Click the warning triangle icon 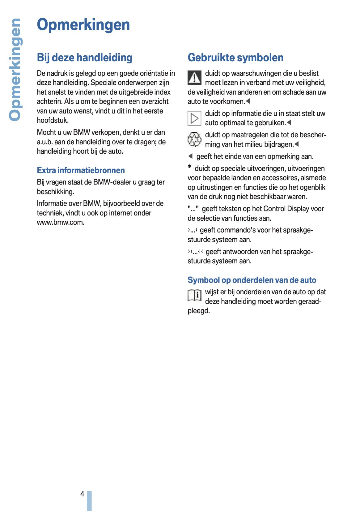coord(194,78)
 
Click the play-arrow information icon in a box coord(194,118)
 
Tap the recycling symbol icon coord(194,139)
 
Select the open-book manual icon coord(194,295)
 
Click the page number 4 coord(82,494)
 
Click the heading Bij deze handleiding coord(85,57)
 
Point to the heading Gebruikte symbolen coord(235,57)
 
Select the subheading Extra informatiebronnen coord(81,170)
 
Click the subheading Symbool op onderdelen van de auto coord(252,280)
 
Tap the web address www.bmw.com coord(60,223)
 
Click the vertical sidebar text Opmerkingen coord(15,70)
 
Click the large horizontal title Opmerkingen coord(83,25)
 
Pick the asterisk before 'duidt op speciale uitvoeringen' coord(190,167)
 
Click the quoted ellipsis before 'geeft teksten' coord(193,209)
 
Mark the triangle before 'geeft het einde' coord(190,156)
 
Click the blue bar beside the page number coord(89,500)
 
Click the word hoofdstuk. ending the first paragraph coord(53,121)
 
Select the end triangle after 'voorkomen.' coord(248,101)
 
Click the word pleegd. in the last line coord(199,311)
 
